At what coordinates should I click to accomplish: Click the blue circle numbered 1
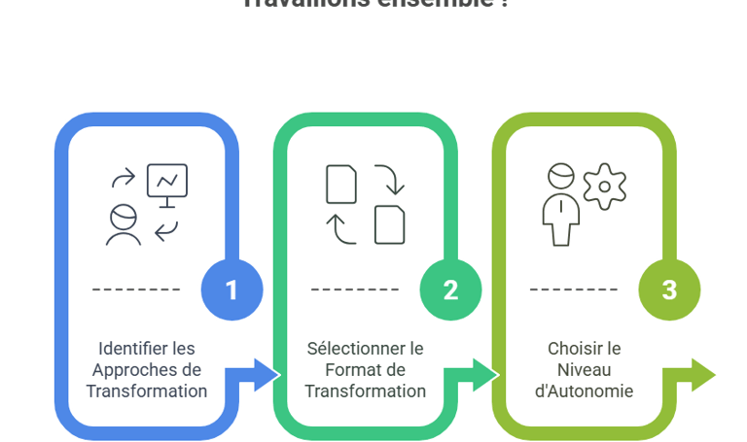click(231, 289)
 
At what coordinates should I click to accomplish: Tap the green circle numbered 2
click(450, 289)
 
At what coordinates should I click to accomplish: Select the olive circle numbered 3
click(669, 289)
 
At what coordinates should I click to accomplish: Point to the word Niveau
click(584, 369)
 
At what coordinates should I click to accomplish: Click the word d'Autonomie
click(585, 391)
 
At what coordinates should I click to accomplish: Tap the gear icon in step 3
click(604, 187)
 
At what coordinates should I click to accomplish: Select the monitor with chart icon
click(166, 183)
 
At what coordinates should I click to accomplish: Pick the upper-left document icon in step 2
click(340, 184)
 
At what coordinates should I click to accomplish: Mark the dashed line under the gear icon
click(573, 289)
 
